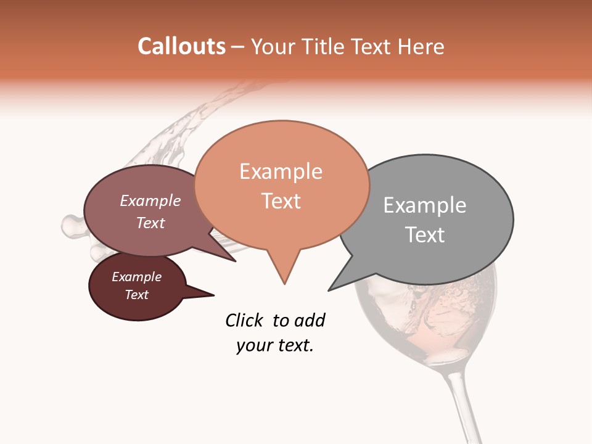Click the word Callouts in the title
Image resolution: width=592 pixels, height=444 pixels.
point(181,46)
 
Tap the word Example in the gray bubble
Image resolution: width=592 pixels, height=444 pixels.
point(425,205)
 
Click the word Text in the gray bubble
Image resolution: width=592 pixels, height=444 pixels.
point(425,235)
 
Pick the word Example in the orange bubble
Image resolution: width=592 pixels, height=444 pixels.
point(281,171)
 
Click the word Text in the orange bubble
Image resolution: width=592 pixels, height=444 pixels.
point(281,201)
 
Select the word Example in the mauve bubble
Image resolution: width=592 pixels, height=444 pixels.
point(150,200)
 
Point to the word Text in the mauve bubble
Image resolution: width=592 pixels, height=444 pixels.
point(150,223)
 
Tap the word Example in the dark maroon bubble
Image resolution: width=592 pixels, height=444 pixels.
point(136,277)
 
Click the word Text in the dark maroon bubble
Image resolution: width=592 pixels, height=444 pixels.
point(136,295)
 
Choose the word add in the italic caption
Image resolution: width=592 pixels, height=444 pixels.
point(310,320)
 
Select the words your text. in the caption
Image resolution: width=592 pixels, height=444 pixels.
point(274,345)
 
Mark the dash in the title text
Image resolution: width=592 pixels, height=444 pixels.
point(238,47)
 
